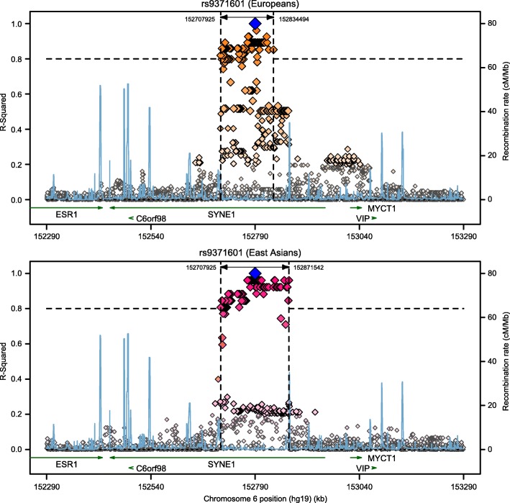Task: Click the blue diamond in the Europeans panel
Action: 255,24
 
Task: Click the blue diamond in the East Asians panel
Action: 255,273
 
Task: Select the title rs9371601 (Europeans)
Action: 255,6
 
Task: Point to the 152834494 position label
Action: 294,19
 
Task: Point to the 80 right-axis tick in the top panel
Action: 486,24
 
